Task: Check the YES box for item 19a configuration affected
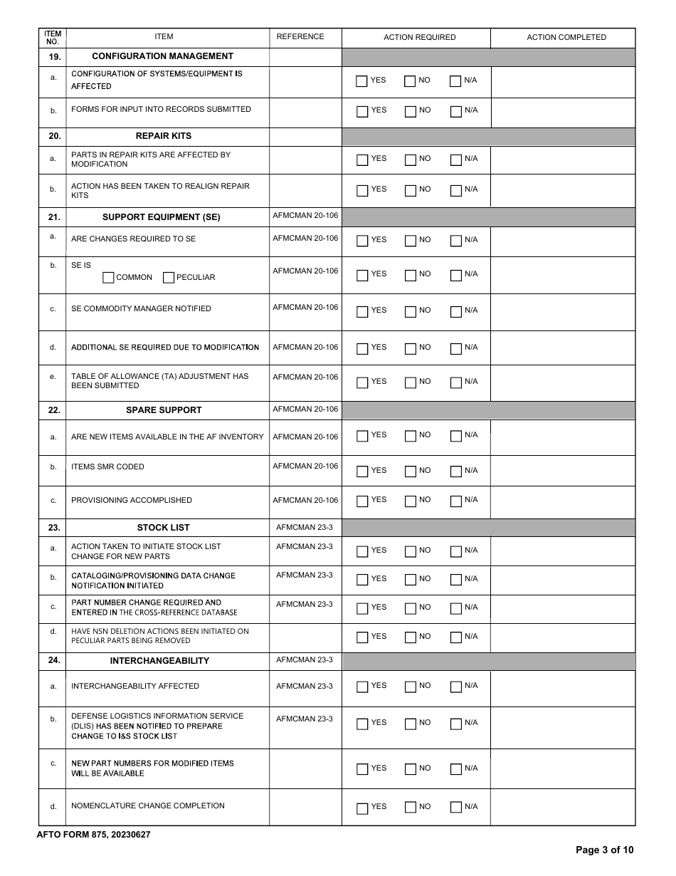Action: point(362,81)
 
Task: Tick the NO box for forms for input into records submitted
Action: point(410,111)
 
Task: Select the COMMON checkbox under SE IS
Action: point(108,278)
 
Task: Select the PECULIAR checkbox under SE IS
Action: point(169,278)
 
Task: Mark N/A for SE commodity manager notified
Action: point(456,311)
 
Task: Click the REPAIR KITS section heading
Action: point(164,136)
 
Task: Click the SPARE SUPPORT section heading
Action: point(164,410)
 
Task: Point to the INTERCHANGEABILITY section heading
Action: point(159,661)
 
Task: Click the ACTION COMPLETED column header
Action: point(566,37)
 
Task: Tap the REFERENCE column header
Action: point(300,37)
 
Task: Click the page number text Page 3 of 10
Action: point(604,850)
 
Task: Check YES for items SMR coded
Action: point(362,471)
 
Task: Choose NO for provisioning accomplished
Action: point(410,501)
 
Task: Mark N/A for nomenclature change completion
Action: point(456,808)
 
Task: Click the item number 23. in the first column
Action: point(54,528)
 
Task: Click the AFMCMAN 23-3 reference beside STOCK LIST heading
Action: point(305,528)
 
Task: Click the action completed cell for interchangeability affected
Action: point(563,688)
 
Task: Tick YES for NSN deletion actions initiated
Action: point(362,637)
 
